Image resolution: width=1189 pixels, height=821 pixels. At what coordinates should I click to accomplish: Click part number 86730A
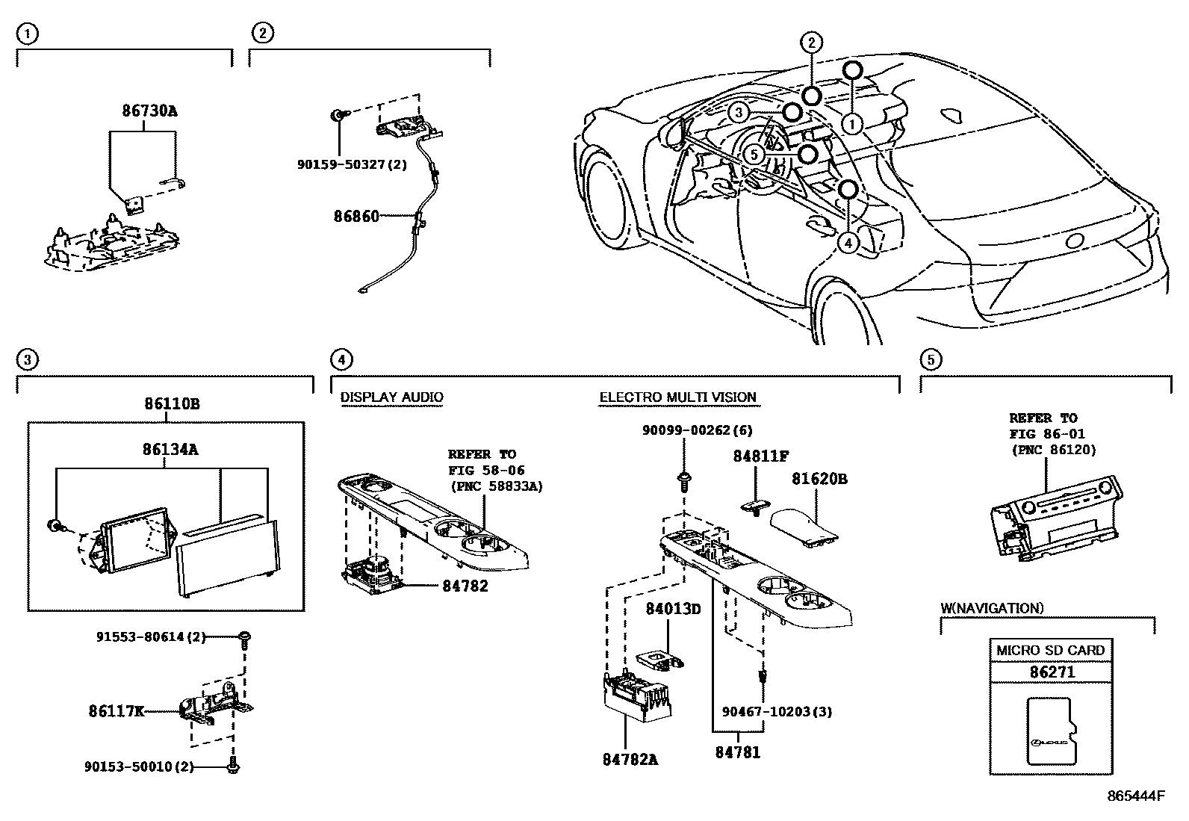(149, 111)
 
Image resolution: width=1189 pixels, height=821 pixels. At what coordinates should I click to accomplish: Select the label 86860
(357, 217)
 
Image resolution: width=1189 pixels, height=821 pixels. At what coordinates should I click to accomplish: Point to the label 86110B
(172, 404)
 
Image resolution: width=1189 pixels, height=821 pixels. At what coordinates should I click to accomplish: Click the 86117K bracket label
(116, 711)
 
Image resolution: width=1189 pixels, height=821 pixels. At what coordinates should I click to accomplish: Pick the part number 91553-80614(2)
(150, 637)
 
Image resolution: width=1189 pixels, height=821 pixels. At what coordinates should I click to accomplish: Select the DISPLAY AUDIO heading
(391, 397)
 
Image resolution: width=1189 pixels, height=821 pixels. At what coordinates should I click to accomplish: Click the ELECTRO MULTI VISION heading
(677, 397)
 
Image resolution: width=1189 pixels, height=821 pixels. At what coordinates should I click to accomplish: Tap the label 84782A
(630, 759)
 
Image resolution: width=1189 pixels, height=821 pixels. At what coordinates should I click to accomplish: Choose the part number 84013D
(673, 609)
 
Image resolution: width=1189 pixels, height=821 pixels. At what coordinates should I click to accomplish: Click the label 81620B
(819, 479)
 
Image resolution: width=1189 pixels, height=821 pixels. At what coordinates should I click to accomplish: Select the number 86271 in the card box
(1052, 672)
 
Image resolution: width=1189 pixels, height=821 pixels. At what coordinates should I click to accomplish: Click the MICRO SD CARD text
(1050, 650)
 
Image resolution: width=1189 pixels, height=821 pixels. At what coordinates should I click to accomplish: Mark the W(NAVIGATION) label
(992, 608)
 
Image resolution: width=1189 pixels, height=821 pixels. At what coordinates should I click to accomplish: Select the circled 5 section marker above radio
(931, 360)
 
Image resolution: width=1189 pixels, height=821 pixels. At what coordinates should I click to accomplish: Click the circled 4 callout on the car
(848, 242)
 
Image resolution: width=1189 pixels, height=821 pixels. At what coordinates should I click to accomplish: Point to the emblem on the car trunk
(1075, 241)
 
